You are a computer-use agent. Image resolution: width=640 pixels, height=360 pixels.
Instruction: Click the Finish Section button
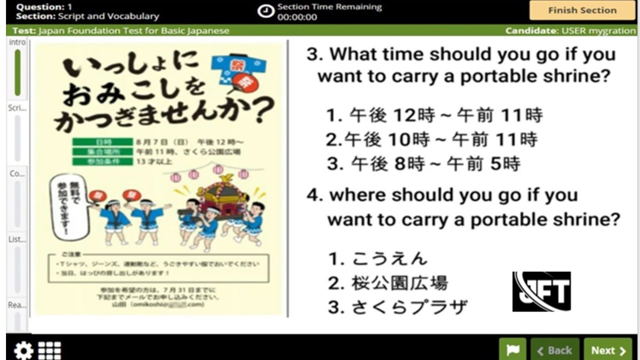(x=582, y=10)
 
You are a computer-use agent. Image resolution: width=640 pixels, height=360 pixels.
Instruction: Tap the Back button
(x=554, y=350)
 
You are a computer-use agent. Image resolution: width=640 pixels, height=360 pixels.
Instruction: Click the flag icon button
(x=512, y=350)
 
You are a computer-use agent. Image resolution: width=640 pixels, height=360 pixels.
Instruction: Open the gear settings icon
(x=23, y=350)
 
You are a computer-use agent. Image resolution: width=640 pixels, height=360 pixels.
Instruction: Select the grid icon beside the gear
(x=49, y=350)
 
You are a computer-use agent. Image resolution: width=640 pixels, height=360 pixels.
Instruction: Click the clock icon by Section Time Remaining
(x=265, y=11)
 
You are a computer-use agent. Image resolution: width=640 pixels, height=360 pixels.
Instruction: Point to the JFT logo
(x=541, y=291)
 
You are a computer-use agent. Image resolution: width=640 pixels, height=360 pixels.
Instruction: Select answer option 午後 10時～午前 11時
(x=431, y=139)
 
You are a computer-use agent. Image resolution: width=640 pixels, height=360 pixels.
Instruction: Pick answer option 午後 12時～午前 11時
(x=434, y=115)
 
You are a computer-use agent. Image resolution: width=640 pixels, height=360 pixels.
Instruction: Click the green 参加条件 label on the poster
(x=102, y=161)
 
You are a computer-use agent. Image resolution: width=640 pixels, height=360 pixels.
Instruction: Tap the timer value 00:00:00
(x=297, y=17)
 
